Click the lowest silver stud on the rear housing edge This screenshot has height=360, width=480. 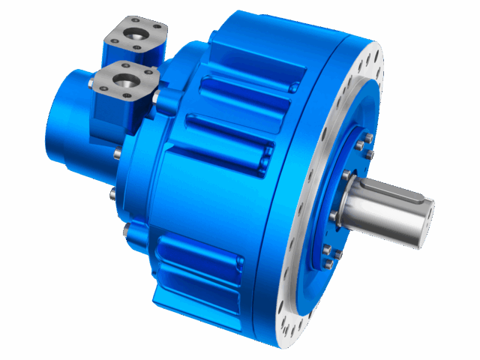125,226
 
